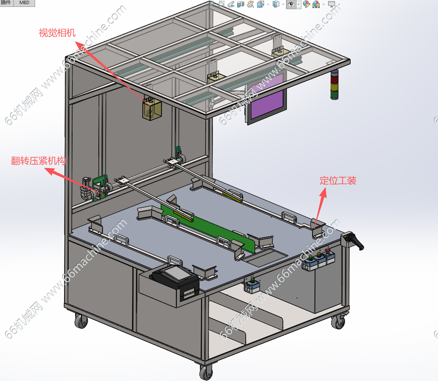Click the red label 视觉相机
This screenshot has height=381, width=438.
tap(57, 33)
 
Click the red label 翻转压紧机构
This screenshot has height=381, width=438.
tap(39, 161)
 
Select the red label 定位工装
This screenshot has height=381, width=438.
tap(338, 181)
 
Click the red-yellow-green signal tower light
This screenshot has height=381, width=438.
tap(334, 85)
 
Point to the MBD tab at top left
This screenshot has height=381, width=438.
tap(24, 3)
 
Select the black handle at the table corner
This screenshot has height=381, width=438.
tap(354, 240)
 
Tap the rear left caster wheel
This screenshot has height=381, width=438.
tap(81, 321)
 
